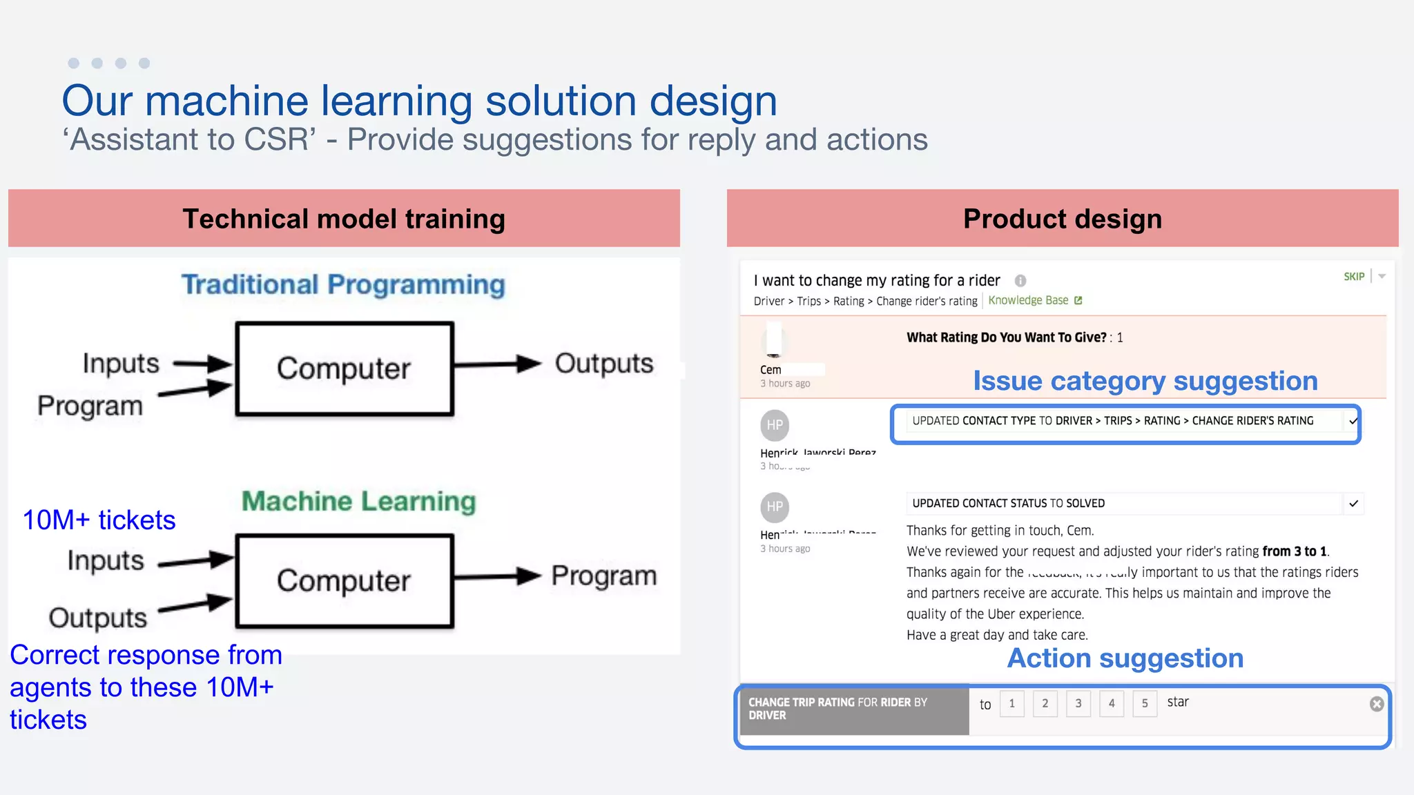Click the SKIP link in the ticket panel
coord(1353,277)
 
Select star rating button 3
coord(1078,703)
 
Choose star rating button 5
coord(1144,703)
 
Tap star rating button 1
coord(1011,703)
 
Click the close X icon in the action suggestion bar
coord(1376,704)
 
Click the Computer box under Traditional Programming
coord(344,369)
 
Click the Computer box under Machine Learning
coord(344,580)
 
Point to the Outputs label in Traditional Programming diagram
coord(604,364)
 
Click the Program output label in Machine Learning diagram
coord(604,576)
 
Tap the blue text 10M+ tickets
coord(99,520)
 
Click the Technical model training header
coord(344,219)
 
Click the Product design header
coord(1062,219)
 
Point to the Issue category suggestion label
coord(1145,381)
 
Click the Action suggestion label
coord(1125,658)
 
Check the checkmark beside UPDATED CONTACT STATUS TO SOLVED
coord(1353,503)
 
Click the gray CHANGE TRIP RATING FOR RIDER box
coord(854,709)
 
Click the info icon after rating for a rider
coord(1020,280)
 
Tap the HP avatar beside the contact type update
coord(775,425)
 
